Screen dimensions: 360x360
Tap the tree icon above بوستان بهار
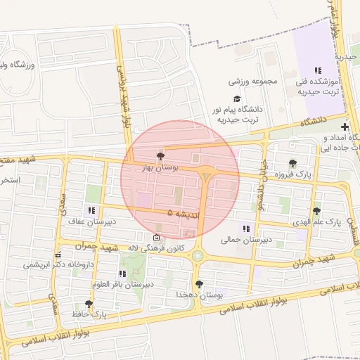tap(161, 156)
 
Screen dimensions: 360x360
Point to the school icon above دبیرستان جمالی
tap(245, 229)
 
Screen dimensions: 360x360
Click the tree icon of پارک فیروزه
tap(292, 163)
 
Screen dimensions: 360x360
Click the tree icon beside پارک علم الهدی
tap(316, 210)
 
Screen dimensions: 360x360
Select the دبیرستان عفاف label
tap(91, 221)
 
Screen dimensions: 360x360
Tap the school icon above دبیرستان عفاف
tap(91, 210)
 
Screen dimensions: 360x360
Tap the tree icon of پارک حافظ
tap(89, 304)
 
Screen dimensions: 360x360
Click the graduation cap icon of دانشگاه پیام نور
tap(237, 99)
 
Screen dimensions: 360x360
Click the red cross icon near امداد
tap(345, 127)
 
